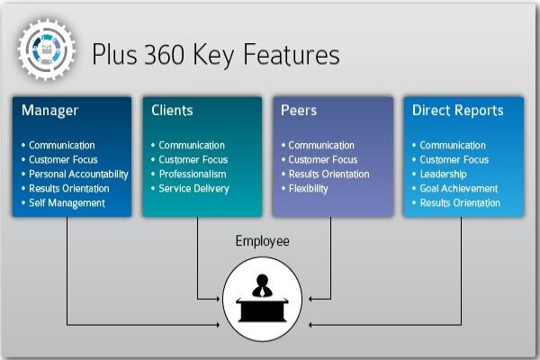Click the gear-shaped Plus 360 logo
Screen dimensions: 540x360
(x=47, y=50)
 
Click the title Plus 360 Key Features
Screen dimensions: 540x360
(x=216, y=54)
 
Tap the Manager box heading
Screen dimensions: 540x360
(x=49, y=110)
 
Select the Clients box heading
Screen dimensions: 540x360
(x=172, y=110)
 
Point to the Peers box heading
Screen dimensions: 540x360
(x=299, y=110)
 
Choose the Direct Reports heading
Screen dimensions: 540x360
(x=458, y=110)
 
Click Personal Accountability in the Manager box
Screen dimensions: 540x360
(x=78, y=175)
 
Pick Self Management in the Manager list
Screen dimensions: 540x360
(x=67, y=203)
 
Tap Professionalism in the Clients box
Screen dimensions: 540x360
(x=193, y=175)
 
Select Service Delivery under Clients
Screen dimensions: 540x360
(x=193, y=189)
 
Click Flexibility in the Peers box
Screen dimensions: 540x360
(x=308, y=189)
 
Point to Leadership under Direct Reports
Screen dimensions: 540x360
(x=443, y=175)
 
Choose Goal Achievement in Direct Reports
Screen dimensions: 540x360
(x=459, y=189)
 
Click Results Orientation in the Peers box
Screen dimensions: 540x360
(x=328, y=175)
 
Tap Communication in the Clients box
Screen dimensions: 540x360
(x=192, y=146)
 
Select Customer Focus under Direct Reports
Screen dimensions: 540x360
(x=454, y=160)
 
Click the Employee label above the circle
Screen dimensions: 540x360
(x=263, y=241)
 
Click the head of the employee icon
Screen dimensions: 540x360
(x=262, y=280)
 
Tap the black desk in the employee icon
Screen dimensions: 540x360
(x=262, y=310)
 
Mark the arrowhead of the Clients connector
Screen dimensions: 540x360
(x=218, y=299)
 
